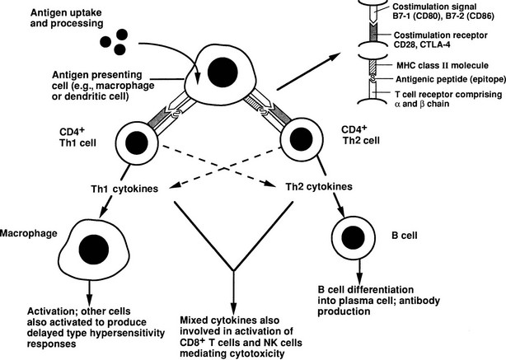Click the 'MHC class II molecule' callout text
coord(421,64)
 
